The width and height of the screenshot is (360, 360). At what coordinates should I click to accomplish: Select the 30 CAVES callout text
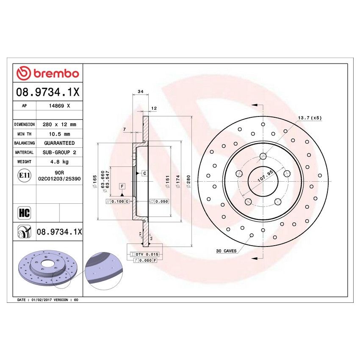click(x=226, y=251)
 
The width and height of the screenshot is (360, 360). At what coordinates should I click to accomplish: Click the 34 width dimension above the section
click(x=141, y=91)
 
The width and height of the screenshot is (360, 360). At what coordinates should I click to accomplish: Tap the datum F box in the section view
click(x=122, y=186)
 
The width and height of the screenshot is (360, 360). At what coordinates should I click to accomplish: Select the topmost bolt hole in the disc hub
click(x=263, y=156)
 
